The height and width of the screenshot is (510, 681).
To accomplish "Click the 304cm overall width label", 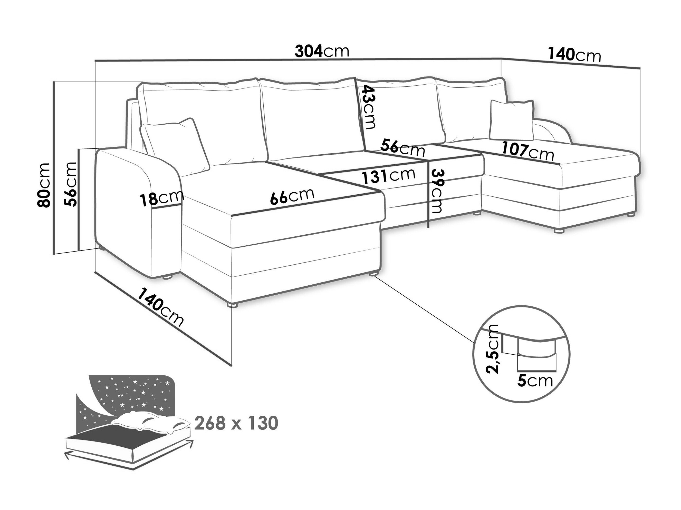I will coord(322,51).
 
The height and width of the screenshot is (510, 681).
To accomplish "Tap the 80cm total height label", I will coord(44,185).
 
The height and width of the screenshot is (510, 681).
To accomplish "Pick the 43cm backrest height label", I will coord(369,107).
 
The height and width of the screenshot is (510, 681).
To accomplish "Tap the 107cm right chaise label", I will coord(528,152).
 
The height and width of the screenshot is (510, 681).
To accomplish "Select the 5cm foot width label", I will coord(535,381).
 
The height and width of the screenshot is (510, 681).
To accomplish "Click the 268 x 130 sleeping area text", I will coord(236,423).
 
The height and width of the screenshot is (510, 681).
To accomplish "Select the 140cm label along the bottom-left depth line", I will coord(160,308).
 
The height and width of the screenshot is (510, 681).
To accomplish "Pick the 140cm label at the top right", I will coord(574,55).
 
